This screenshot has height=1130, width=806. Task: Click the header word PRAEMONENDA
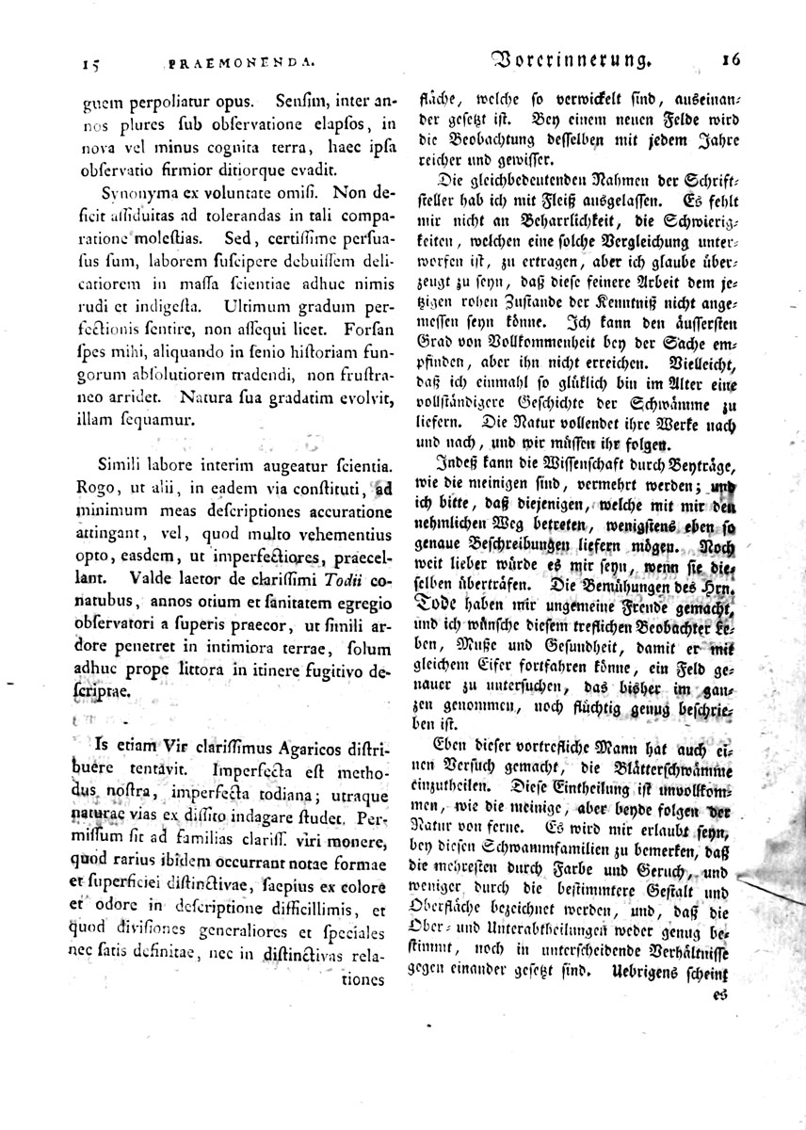pyautogui.click(x=240, y=65)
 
